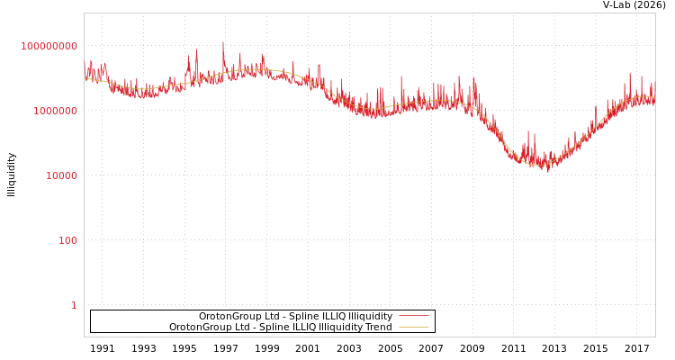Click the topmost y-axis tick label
(49, 46)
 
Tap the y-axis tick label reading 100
(67, 240)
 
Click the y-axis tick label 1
(74, 305)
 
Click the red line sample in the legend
(413, 316)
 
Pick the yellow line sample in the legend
(413, 328)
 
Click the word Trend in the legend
(378, 328)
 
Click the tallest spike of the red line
(223, 42)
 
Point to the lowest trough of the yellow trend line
(537, 165)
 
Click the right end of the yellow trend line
(654, 97)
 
